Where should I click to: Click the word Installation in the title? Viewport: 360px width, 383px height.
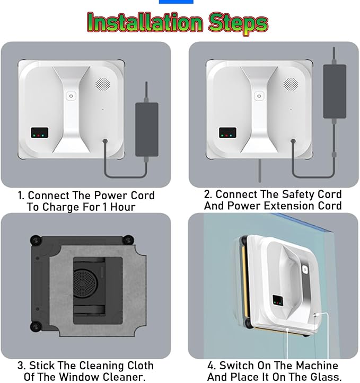coord(145,23)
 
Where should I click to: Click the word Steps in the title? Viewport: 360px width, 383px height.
coord(238,24)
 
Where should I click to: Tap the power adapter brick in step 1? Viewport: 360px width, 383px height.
coord(147,129)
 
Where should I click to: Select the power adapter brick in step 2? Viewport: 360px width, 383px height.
coord(335,91)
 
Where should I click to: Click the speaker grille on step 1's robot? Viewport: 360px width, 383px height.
coord(103,85)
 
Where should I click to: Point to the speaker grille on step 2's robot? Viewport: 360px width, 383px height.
coord(291,85)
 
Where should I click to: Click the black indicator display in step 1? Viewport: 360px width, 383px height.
coord(39,132)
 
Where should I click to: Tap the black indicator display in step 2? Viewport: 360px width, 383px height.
coord(227,132)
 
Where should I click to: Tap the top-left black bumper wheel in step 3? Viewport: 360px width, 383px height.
coord(36,240)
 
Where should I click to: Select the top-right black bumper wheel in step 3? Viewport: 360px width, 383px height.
coord(128,239)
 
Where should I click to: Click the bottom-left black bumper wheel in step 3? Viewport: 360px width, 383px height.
coord(36,327)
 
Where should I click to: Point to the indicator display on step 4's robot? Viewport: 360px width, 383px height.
coord(278,300)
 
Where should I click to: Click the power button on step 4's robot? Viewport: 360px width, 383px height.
coord(304,270)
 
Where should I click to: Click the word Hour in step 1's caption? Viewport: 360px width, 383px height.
coord(122,207)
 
